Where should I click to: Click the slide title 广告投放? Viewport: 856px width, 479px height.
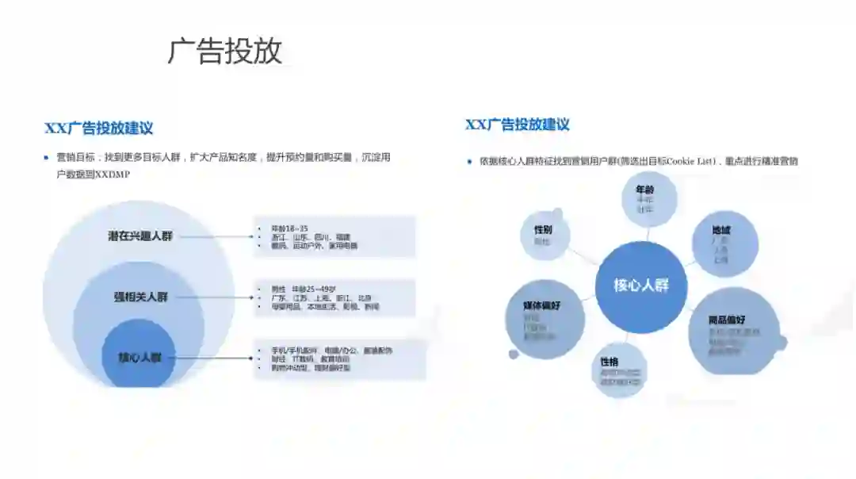coord(224,51)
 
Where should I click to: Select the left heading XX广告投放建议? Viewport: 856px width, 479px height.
coord(98,128)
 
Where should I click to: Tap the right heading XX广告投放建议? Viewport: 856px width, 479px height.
coord(517,125)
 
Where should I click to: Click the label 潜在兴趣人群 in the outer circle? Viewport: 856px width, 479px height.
coord(140,236)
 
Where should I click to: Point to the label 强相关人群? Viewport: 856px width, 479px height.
coord(140,297)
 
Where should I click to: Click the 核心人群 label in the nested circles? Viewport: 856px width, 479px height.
coord(139,358)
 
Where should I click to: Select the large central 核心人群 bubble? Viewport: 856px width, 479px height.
coord(641,285)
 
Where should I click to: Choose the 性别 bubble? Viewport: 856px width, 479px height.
coord(543,235)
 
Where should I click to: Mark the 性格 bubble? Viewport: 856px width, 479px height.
coord(621,367)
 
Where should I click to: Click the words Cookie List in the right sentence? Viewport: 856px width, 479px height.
coord(689,162)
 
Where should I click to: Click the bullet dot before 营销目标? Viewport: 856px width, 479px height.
coord(46,158)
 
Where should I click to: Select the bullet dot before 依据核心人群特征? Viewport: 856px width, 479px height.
coord(469,162)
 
